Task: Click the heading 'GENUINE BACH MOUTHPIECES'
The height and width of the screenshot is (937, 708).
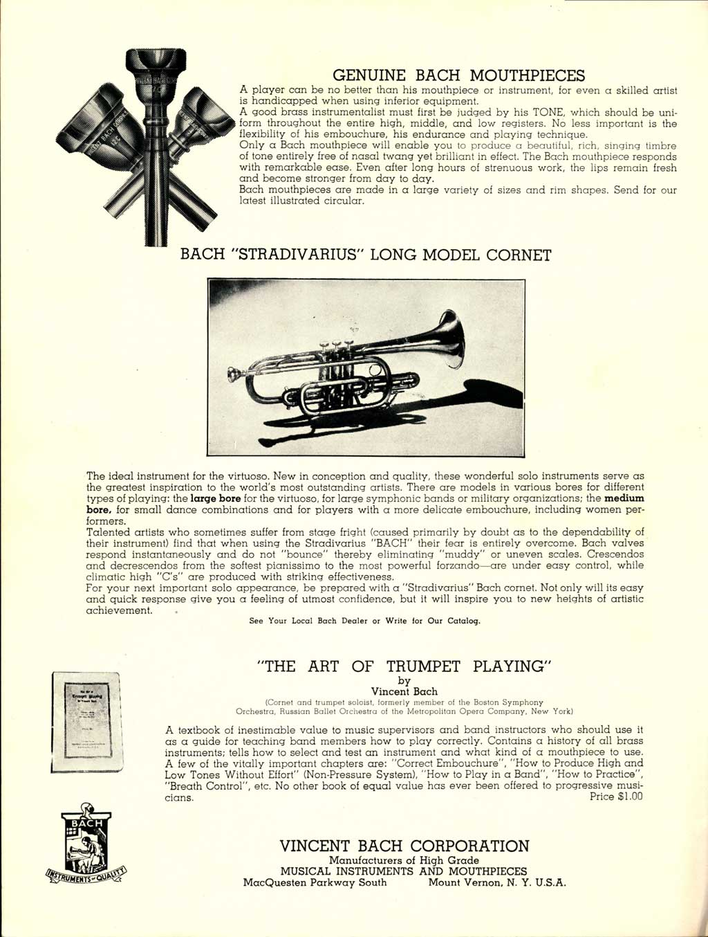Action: (458, 75)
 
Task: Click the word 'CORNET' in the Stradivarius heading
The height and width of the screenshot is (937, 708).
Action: (518, 255)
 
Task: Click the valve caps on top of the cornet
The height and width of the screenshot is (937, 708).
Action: (336, 343)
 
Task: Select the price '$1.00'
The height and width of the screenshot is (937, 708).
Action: (626, 797)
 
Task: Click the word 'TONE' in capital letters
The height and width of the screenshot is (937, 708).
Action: (548, 112)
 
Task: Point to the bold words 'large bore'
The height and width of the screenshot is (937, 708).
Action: (214, 498)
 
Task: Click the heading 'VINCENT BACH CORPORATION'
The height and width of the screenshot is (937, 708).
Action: (404, 846)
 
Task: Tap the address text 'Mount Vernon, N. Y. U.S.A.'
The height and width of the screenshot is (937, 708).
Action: (496, 882)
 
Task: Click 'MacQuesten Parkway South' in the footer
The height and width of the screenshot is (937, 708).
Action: (315, 882)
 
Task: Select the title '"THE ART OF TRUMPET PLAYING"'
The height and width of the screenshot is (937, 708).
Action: (404, 666)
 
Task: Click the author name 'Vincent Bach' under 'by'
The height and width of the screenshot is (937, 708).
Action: (404, 691)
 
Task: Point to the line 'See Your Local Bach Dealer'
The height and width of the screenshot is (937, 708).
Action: (364, 621)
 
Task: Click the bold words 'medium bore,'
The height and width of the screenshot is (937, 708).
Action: (624, 498)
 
